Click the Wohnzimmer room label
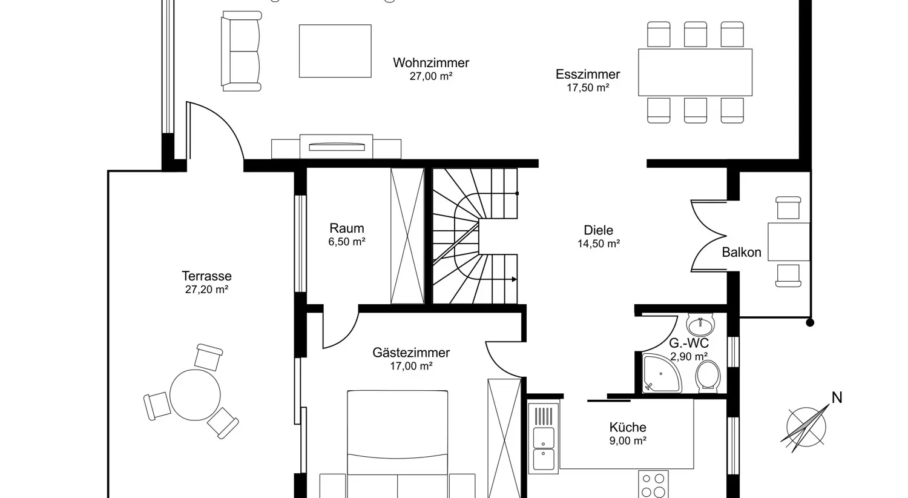431,62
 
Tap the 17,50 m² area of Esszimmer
588,88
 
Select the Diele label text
598,230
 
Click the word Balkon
742,252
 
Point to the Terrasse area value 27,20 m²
207,289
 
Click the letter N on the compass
837,398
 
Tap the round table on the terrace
195,394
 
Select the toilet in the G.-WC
708,376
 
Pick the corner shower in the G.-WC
661,373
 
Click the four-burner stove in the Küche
653,485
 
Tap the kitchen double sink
544,448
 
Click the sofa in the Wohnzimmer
241,51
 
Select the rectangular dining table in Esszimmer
695,72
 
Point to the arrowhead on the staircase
514,279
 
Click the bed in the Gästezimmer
398,444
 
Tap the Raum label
347,228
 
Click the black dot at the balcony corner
810,323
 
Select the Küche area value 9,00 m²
628,440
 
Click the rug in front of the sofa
335,51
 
